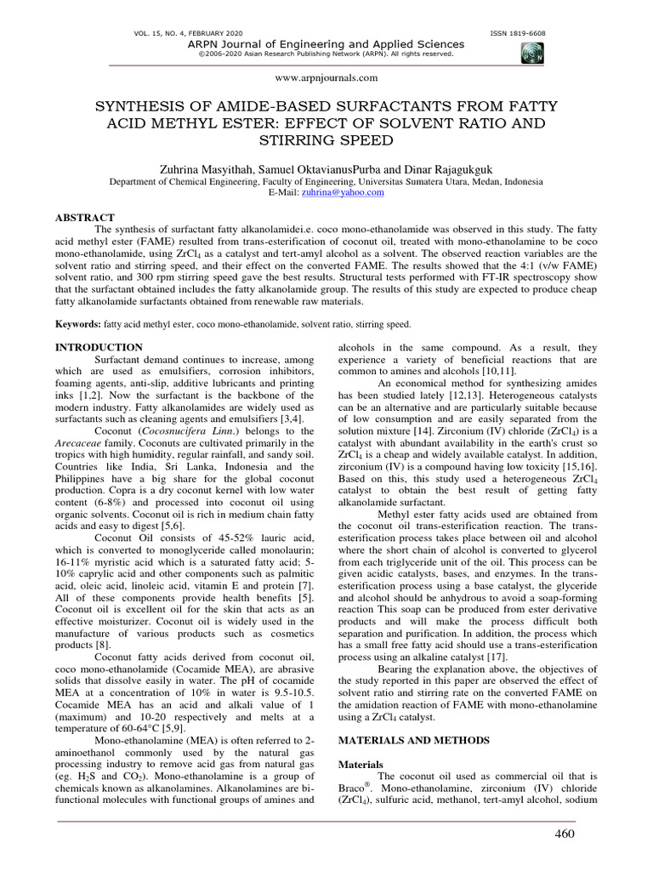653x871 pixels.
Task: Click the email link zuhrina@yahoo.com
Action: [349, 193]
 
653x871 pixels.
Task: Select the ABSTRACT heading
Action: [84, 218]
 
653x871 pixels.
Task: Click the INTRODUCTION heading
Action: [99, 347]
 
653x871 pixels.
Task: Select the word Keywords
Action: [77, 324]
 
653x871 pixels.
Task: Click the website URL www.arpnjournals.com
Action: [326, 77]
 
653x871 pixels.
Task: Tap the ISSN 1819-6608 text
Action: [518, 33]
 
